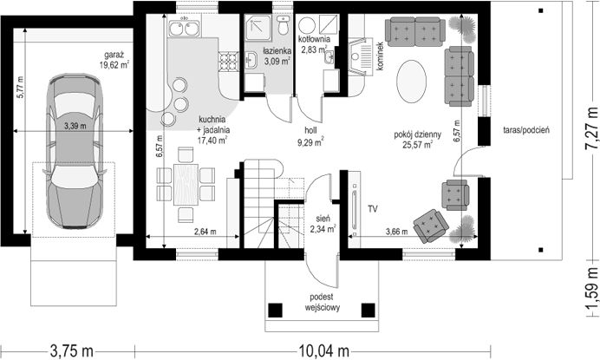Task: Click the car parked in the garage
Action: (74, 152)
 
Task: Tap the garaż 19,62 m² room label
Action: (114, 60)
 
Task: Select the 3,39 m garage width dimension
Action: (75, 125)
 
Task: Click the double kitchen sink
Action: (184, 28)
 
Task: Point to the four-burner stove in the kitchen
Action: (228, 62)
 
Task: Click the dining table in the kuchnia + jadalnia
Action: (186, 185)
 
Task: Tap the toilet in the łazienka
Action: (284, 25)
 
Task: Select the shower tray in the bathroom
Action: (258, 28)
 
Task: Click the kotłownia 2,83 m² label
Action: (313, 44)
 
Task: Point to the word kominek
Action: (380, 56)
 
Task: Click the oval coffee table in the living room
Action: (411, 81)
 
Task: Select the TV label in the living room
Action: (373, 209)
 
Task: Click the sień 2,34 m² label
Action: (323, 224)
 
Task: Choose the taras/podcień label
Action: (526, 130)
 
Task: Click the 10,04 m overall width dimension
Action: (323, 350)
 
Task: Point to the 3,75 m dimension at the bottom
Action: (72, 350)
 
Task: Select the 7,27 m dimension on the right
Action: (592, 128)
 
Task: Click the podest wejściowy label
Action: (322, 302)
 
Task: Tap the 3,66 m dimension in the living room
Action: (396, 232)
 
